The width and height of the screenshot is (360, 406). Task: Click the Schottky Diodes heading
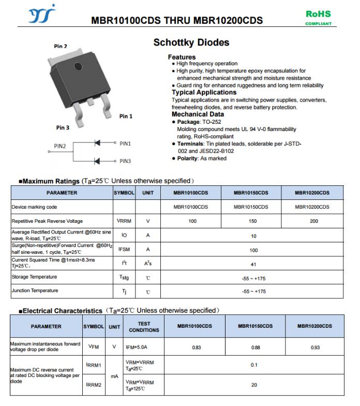[191, 42]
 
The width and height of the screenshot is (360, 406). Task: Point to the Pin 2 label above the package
[61, 47]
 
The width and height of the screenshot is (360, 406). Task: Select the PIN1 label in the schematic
[125, 143]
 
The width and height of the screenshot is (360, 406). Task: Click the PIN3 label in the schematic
[125, 161]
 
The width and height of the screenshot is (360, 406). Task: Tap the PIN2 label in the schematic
[60, 147]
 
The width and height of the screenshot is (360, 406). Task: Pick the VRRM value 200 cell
[313, 221]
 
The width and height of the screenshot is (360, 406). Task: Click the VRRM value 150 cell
[251, 221]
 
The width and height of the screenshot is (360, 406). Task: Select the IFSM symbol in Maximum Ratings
[124, 249]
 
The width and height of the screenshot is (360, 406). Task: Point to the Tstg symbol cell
[124, 278]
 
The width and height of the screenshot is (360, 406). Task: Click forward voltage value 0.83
[197, 347]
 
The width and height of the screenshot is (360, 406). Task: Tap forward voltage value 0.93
[315, 347]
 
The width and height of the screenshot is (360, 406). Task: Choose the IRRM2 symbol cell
[93, 385]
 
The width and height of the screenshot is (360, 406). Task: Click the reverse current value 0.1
[254, 365]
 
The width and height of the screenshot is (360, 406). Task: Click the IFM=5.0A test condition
[137, 347]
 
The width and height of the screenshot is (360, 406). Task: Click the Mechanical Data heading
[198, 114]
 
